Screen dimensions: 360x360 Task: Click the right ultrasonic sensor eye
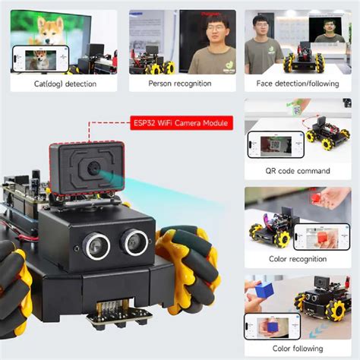[x=134, y=241]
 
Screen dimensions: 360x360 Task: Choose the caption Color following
[x=298, y=349]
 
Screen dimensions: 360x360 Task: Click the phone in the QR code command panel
[x=273, y=145]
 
